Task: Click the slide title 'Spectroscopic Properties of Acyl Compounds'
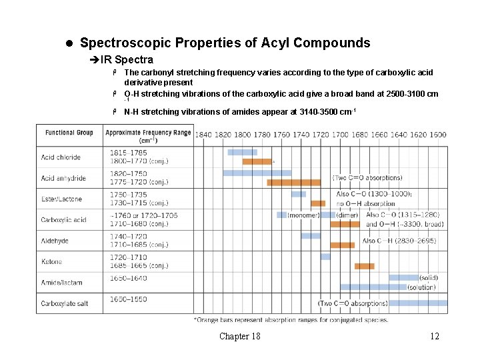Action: coord(225,43)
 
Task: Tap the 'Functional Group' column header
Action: coord(69,133)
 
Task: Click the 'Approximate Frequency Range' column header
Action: coord(148,136)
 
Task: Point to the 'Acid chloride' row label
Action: coord(61,157)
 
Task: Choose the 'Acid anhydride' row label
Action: coord(63,178)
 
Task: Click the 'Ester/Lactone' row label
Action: coord(61,199)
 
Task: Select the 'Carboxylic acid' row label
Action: coord(63,220)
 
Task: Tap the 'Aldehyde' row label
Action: coord(55,241)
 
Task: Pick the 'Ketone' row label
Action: coord(51,262)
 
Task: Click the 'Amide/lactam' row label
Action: coord(61,283)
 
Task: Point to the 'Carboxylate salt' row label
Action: coord(65,304)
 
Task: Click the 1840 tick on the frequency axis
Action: coord(203,135)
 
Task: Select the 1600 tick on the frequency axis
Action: coord(437,135)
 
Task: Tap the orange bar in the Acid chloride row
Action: coord(257,161)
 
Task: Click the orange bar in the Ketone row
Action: coord(365,266)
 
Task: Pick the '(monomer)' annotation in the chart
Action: coord(303,215)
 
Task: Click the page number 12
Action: coord(435,336)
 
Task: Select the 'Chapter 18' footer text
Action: coord(240,336)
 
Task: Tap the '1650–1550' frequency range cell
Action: coord(129,299)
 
